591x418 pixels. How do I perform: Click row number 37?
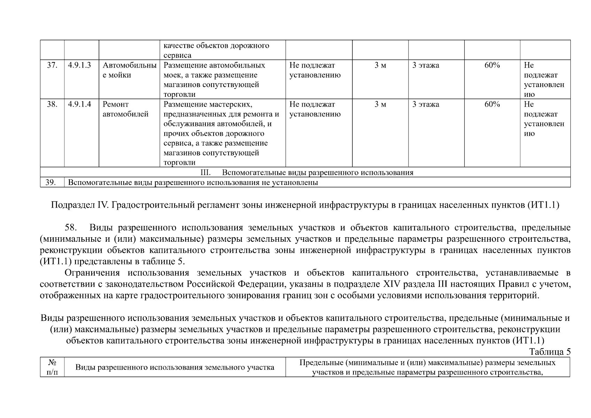(52, 65)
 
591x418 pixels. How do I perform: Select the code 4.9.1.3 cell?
(79, 65)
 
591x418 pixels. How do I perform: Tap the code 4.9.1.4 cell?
(79, 104)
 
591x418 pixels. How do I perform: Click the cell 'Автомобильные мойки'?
(129, 70)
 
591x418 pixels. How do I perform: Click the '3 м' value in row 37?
(380, 65)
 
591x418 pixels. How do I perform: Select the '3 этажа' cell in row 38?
(426, 104)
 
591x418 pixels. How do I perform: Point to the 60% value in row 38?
(492, 104)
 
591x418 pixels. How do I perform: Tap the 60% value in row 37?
(492, 65)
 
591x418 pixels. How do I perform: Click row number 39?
(51, 183)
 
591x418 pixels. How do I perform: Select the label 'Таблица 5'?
(550, 352)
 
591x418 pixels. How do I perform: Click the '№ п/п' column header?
(52, 367)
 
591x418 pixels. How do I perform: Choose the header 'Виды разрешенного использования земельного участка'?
(175, 367)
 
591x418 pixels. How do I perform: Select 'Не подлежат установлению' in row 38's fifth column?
(315, 109)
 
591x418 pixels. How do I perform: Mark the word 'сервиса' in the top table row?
(177, 55)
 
